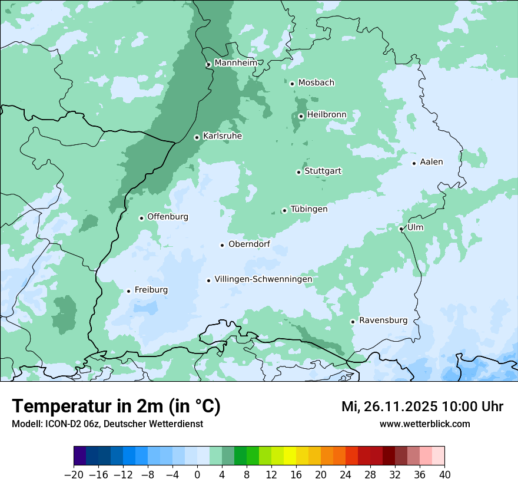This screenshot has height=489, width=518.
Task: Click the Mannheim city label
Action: point(235,63)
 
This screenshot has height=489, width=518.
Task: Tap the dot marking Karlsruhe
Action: point(197,137)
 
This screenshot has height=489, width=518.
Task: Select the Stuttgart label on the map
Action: point(323,171)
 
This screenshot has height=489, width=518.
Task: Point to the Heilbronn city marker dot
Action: point(301,116)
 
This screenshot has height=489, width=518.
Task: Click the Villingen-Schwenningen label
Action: point(263,279)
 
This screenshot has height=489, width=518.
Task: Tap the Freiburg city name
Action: point(151,290)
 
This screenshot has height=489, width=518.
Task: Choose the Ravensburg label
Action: point(383,321)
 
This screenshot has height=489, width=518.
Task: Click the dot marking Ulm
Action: point(401,229)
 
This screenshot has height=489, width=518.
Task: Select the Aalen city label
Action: point(431,162)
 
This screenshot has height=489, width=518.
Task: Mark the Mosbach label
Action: point(316,83)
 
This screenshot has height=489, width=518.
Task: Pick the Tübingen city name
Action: point(309,209)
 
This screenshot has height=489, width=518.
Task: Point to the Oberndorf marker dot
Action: point(222,245)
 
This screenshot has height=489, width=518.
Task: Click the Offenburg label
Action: point(168,217)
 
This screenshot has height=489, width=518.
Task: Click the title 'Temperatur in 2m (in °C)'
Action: point(117,407)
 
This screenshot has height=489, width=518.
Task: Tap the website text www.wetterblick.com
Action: point(424,424)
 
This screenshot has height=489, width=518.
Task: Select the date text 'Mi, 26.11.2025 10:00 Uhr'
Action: point(422,407)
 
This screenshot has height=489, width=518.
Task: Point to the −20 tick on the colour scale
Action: point(74,475)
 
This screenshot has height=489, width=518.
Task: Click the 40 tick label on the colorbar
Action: point(444,475)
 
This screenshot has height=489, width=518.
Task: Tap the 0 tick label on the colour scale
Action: point(197,475)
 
